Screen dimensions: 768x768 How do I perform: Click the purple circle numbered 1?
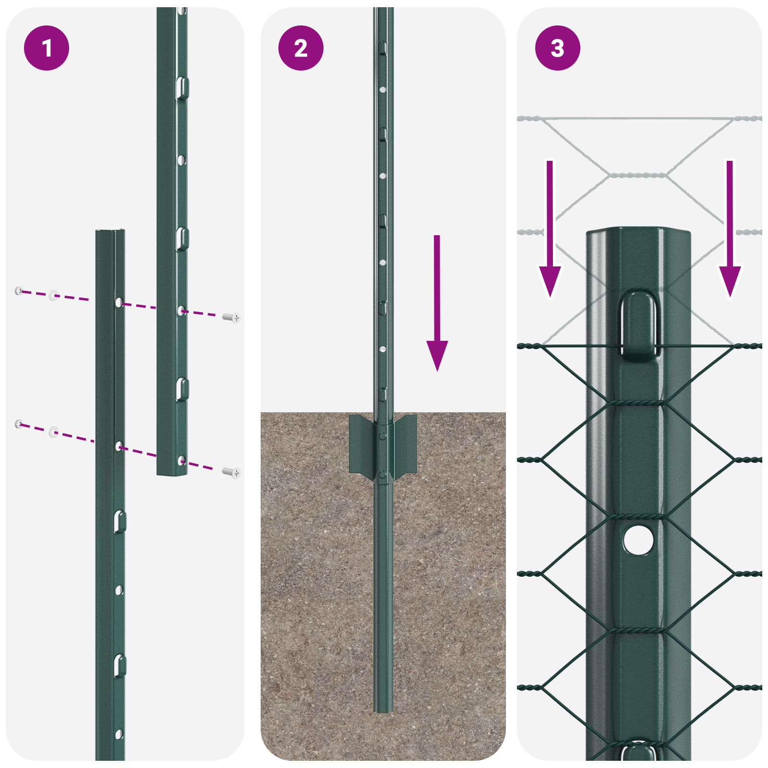pyautogui.click(x=47, y=48)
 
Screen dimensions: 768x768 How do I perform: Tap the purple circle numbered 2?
pyautogui.click(x=301, y=48)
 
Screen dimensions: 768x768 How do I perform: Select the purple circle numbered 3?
pyautogui.click(x=557, y=48)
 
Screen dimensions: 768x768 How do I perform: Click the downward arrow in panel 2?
pyautogui.click(x=437, y=307)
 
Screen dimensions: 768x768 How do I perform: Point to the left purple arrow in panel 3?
pyautogui.click(x=550, y=230)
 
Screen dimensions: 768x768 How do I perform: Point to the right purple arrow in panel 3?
pyautogui.click(x=730, y=230)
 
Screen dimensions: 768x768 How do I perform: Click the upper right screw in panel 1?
pyautogui.click(x=232, y=317)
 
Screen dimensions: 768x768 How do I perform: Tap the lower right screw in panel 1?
pyautogui.click(x=232, y=473)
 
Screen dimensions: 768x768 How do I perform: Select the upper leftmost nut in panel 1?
pyautogui.click(x=19, y=290)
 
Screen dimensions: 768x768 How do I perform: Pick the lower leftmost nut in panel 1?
pyautogui.click(x=19, y=423)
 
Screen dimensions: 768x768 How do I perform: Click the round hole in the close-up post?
pyautogui.click(x=638, y=540)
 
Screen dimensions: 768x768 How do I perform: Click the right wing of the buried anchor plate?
pyautogui.click(x=406, y=444)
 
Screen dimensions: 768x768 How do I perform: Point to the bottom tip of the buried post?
pyautogui.click(x=383, y=709)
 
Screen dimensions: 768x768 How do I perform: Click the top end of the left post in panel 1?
pyautogui.click(x=110, y=233)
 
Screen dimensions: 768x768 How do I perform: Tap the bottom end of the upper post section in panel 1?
pyautogui.click(x=172, y=472)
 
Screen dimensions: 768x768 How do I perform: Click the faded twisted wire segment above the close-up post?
pyautogui.click(x=638, y=175)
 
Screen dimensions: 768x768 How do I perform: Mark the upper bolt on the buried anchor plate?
pyautogui.click(x=383, y=436)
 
